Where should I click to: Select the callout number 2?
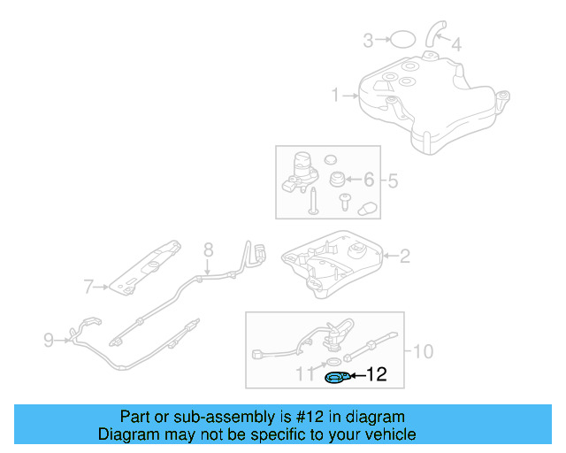point(405,257)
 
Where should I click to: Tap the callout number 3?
point(368,39)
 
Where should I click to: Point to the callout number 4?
point(455,43)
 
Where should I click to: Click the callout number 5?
point(393,180)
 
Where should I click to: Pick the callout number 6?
point(370,180)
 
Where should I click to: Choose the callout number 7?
point(88,287)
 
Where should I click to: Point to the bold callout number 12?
point(377,375)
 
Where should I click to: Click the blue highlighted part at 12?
point(337,379)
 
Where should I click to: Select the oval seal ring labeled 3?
point(402,39)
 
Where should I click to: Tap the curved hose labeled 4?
point(432,34)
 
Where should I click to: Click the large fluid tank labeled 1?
point(424,97)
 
